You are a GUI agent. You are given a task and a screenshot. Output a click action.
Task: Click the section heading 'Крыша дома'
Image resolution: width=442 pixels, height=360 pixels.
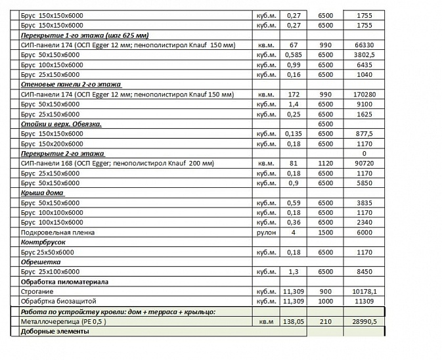(x=41, y=192)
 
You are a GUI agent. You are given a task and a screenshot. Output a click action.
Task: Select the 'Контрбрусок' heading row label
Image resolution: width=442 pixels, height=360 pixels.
(x=43, y=242)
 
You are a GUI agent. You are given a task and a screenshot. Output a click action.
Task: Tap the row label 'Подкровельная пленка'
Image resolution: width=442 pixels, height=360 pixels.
(x=58, y=233)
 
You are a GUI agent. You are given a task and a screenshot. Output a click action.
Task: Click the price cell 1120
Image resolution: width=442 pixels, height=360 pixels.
(x=325, y=163)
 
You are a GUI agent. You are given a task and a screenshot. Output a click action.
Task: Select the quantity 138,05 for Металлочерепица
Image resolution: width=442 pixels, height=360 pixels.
(x=293, y=321)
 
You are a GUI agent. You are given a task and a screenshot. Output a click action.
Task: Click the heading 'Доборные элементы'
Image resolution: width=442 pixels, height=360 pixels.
(x=55, y=331)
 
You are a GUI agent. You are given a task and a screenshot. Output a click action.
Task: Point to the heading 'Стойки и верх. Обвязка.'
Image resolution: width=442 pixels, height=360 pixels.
(x=61, y=124)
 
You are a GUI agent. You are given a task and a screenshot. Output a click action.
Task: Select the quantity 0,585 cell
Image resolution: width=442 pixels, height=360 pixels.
(x=293, y=55)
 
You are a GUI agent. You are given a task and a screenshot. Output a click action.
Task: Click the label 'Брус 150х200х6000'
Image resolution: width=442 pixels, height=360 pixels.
(x=52, y=143)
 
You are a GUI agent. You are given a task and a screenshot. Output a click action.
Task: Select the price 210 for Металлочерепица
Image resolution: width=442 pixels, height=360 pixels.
(x=325, y=321)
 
